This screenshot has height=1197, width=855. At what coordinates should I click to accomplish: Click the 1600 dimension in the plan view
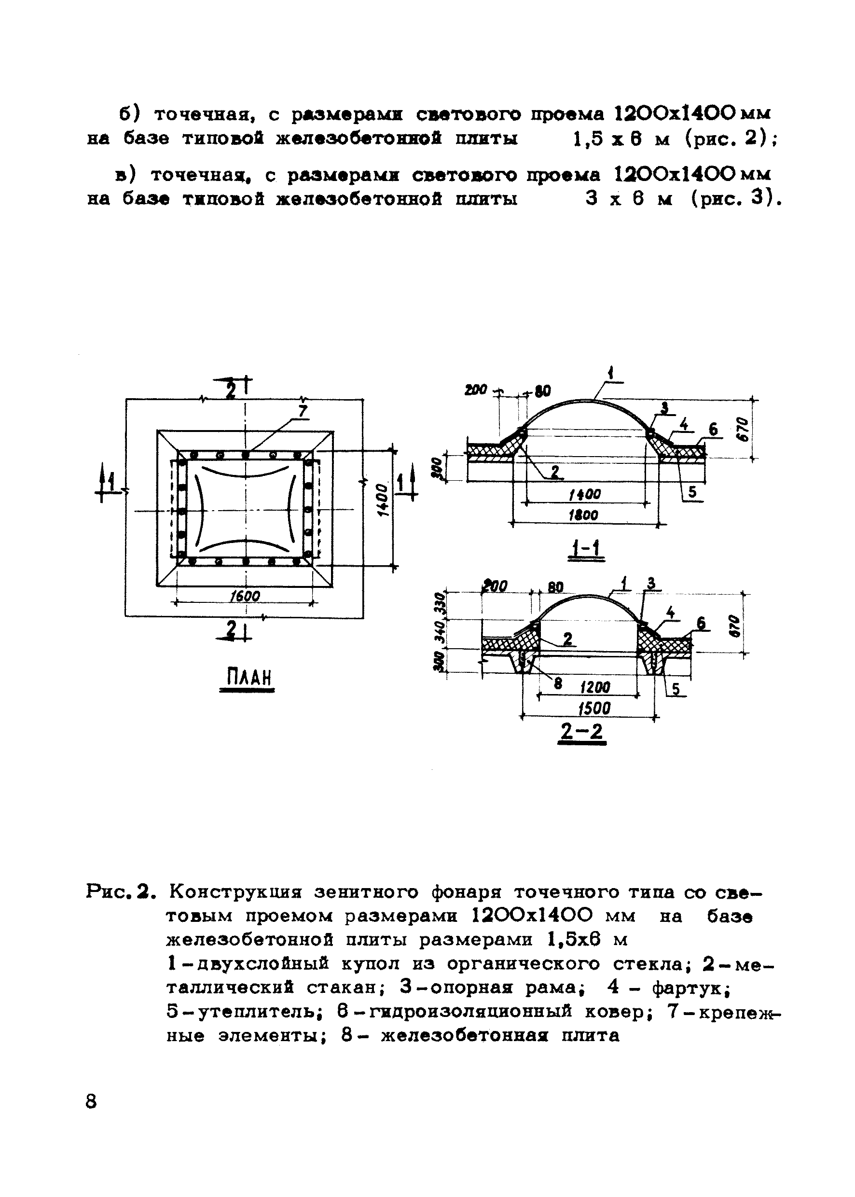[x=245, y=596]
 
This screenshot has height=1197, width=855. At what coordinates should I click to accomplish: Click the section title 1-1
[x=588, y=549]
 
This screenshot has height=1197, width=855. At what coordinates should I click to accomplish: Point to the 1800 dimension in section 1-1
[x=583, y=515]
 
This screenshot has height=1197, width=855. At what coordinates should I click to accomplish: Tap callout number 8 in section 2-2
[x=558, y=683]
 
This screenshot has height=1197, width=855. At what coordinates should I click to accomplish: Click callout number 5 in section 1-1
[x=692, y=492]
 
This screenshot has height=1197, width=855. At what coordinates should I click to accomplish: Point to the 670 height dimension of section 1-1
[x=741, y=429]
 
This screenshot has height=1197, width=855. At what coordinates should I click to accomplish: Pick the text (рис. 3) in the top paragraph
[x=734, y=198]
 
